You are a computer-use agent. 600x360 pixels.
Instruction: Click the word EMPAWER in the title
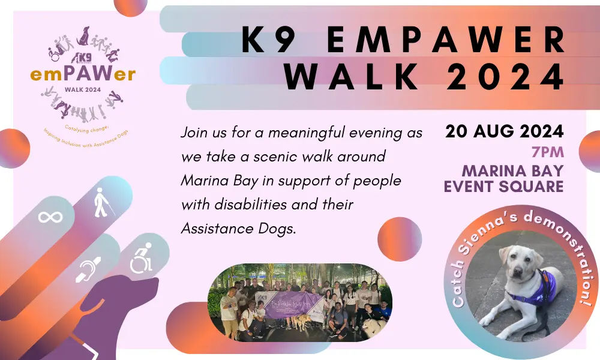click(x=447, y=41)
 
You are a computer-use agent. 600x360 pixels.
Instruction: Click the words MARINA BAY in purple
click(x=503, y=169)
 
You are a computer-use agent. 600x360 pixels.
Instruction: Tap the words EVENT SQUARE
click(x=503, y=187)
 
